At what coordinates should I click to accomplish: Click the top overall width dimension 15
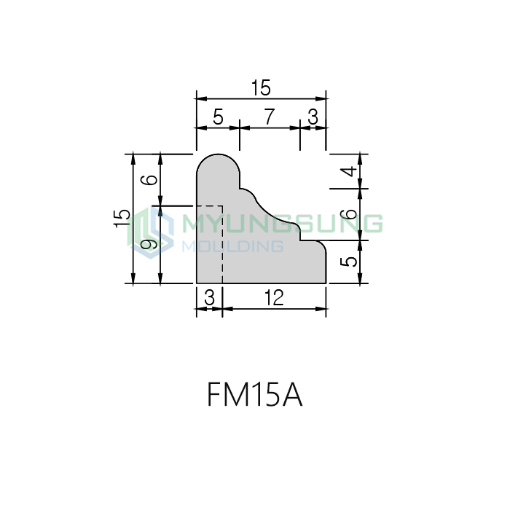pos(261,88)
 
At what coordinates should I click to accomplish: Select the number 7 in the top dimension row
pos(269,117)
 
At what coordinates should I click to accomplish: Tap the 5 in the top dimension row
pos(219,117)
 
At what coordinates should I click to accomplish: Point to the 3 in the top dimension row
pos(313,117)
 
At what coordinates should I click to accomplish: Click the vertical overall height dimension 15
pos(122,219)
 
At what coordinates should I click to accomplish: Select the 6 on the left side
pos(150,180)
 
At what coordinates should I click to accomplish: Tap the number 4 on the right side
pos(350,171)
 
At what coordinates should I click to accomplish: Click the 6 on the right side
pos(350,214)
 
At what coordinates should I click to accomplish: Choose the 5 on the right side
pos(349,262)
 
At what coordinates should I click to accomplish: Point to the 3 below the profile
pos(210,297)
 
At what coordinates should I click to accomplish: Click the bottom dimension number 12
pos(274,297)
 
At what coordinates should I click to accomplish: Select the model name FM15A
pos(255,395)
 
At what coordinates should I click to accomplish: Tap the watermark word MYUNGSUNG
pos(283,224)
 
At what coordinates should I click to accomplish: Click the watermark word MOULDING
pos(232,246)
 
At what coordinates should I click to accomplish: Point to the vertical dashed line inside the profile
pos(222,244)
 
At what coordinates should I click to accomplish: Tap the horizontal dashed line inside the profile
pos(210,206)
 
